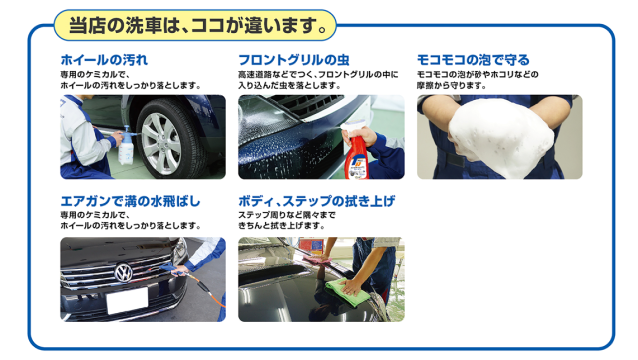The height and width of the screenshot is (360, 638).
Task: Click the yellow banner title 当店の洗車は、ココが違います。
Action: click(197, 25)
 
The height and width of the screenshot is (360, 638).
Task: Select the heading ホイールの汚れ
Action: click(104, 60)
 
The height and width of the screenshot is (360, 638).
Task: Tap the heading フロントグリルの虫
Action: click(294, 60)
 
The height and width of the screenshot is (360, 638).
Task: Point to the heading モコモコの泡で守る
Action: click(473, 60)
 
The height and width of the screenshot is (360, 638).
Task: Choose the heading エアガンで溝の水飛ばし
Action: click(131, 201)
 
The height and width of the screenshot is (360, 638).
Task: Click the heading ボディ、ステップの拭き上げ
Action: click(317, 201)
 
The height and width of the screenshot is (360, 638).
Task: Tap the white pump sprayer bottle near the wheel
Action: click(126, 146)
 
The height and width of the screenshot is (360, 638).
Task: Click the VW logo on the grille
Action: click(123, 272)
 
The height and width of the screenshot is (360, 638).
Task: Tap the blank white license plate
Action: click(127, 301)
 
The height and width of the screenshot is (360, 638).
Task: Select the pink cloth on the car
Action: click(316, 260)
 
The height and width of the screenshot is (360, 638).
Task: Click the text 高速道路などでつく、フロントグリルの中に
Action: click(318, 75)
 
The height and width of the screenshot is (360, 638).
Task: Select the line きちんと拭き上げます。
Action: click(281, 226)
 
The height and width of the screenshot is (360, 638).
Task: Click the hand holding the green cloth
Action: click(352, 286)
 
